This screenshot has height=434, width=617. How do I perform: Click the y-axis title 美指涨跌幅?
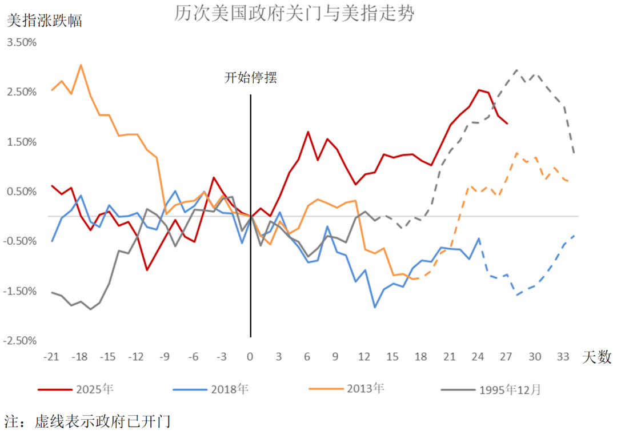[44, 21]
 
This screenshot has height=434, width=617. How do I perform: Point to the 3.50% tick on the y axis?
[21, 42]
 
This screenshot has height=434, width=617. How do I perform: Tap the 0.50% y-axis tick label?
[21, 192]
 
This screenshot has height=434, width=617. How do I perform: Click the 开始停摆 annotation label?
[250, 78]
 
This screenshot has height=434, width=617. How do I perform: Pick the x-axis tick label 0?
[250, 357]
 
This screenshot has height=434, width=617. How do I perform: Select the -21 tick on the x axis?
[51, 357]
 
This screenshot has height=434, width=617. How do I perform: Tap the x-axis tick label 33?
[563, 357]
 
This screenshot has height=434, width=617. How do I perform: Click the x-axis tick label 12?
[364, 357]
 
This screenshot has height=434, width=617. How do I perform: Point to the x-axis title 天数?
[597, 358]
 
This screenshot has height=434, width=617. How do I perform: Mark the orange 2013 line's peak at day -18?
[81, 65]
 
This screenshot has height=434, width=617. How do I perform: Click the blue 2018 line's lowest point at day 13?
[374, 308]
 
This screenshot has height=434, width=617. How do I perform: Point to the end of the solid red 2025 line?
[507, 123]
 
